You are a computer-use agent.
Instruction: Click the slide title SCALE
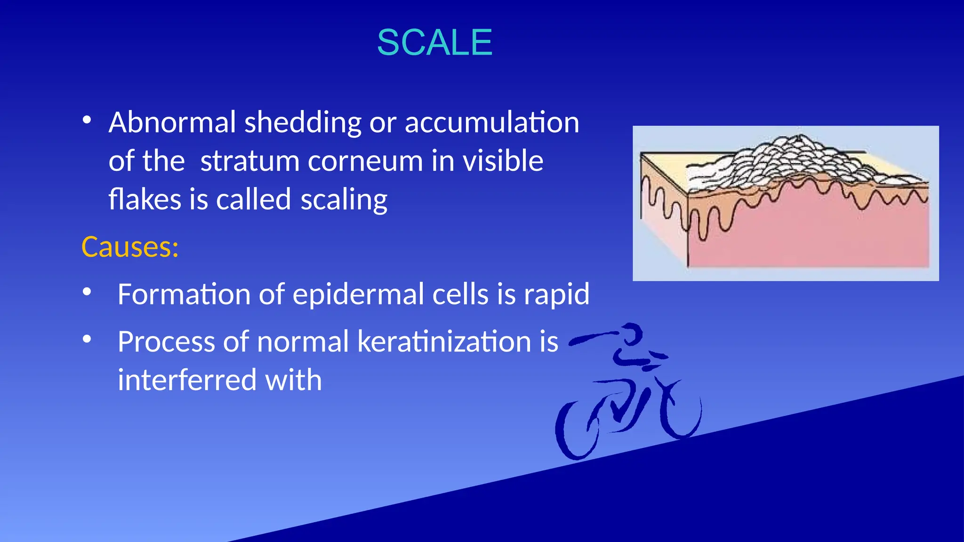[434, 42]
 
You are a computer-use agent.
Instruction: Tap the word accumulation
[492, 122]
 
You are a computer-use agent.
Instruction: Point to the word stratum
[249, 161]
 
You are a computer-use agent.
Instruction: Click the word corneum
[366, 161]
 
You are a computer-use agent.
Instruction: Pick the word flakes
[145, 199]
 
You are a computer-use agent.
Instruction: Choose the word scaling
[344, 200]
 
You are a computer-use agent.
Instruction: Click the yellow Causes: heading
[130, 247]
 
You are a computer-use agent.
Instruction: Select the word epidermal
[358, 295]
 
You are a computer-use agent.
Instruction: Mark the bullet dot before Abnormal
[87, 120]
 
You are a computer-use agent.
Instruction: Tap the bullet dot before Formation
[87, 292]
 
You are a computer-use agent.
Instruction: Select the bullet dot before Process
[87, 339]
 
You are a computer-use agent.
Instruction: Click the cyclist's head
[631, 334]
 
